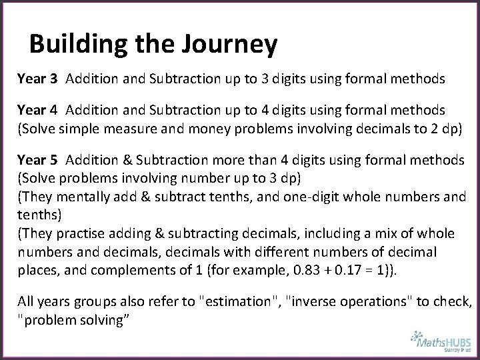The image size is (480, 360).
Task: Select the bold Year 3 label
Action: point(37,79)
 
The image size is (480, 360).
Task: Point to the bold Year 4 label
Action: point(37,109)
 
